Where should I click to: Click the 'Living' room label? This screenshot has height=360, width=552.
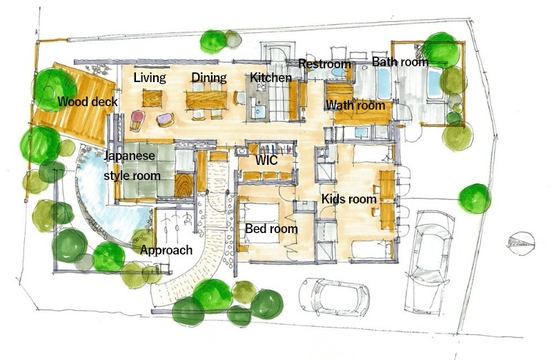(150, 78)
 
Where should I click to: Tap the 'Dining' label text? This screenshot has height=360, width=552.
(209, 78)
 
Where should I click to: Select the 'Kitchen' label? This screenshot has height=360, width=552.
(270, 78)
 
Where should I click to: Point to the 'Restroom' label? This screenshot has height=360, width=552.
(324, 64)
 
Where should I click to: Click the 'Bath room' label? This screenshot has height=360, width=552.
(400, 62)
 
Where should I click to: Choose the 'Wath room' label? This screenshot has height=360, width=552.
(355, 106)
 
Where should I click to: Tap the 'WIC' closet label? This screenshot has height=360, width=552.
(266, 161)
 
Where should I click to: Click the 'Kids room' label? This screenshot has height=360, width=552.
(349, 199)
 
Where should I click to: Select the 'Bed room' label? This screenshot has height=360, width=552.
(271, 229)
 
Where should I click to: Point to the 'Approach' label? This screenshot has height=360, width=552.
(166, 250)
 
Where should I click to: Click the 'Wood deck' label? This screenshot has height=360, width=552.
(88, 102)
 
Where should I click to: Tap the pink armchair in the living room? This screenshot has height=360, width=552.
(137, 120)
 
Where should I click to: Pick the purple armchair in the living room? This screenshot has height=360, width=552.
(165, 119)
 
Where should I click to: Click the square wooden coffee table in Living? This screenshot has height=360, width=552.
(152, 98)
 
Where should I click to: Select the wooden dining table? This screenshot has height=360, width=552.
(206, 100)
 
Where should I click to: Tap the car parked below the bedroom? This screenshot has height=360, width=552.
(334, 295)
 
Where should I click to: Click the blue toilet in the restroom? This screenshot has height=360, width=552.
(339, 73)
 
